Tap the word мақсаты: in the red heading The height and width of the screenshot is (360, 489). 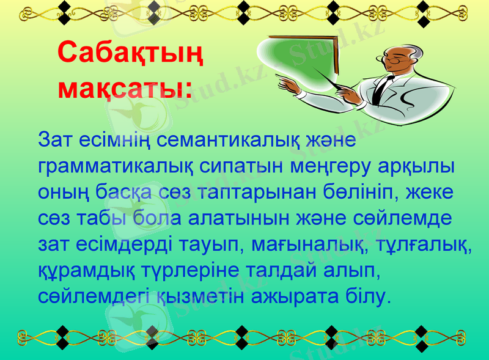[124, 87]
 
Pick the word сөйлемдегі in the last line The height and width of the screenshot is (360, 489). [95, 297]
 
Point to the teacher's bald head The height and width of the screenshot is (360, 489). [403, 49]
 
